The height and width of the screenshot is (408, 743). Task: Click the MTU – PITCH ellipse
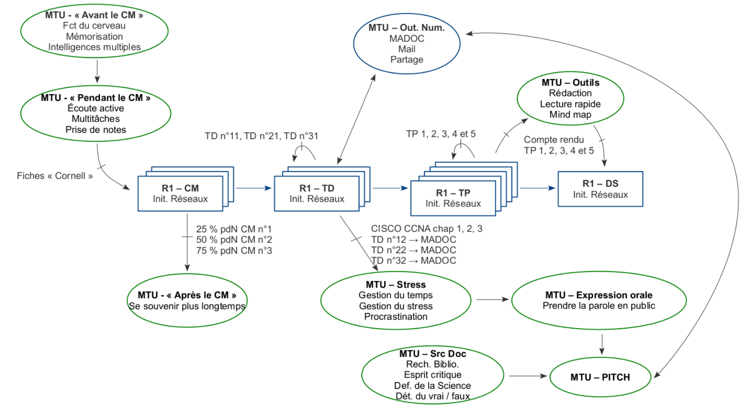click(600, 377)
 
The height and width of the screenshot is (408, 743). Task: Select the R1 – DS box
click(600, 189)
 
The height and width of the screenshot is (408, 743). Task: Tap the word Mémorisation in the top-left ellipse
click(94, 37)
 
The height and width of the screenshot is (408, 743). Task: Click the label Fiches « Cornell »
click(55, 176)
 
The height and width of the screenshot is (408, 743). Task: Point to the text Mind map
click(570, 115)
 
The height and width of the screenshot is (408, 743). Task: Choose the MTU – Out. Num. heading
click(406, 28)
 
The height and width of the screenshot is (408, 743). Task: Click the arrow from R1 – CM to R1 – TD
click(253, 188)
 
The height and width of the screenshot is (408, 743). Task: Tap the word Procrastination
click(396, 317)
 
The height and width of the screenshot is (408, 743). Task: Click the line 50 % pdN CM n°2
click(234, 240)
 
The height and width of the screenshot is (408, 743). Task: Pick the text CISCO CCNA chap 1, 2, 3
click(426, 229)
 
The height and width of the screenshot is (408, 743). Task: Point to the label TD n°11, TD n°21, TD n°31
click(261, 136)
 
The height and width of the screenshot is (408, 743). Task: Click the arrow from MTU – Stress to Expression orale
click(492, 300)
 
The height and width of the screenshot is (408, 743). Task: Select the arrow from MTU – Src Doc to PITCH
click(528, 376)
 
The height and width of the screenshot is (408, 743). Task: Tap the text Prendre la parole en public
click(599, 306)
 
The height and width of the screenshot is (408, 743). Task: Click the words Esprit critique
click(433, 375)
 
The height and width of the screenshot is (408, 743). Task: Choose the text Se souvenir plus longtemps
click(187, 306)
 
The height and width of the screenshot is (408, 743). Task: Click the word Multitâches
click(96, 119)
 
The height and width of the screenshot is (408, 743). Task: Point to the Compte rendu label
click(554, 140)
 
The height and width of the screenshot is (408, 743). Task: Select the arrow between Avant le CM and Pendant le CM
click(97, 71)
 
